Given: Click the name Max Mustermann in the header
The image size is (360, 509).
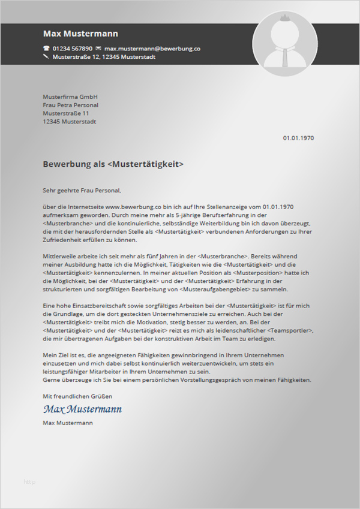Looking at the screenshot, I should [x=80, y=34].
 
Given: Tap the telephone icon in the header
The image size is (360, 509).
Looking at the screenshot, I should [x=46, y=48].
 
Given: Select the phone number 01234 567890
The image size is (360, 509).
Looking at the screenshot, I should [x=73, y=48].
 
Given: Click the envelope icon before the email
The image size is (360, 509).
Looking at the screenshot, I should [x=98, y=48].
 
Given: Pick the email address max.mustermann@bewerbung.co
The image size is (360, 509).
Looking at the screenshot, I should [x=152, y=48].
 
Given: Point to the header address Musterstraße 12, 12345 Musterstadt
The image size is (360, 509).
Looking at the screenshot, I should [x=104, y=57].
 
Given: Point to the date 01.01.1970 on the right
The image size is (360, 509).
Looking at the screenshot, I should [x=298, y=138].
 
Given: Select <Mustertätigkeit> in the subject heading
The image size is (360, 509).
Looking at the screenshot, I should [x=146, y=164].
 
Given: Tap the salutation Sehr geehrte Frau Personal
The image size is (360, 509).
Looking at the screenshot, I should [x=82, y=191].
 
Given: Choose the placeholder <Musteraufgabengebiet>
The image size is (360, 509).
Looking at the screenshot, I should [x=206, y=289].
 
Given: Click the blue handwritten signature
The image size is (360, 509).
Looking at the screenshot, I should [x=82, y=409].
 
